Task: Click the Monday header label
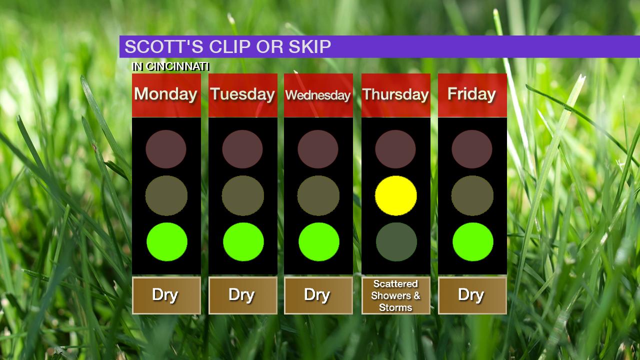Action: (166, 95)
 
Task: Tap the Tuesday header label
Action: (242, 95)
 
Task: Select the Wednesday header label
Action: (318, 95)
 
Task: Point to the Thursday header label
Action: (395, 95)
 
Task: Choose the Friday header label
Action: (471, 94)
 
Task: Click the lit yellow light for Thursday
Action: (395, 195)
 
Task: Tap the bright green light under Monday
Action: (167, 241)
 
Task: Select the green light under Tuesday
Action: (243, 241)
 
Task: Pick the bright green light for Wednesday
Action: (319, 241)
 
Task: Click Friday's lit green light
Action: (473, 241)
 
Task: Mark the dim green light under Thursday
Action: (396, 241)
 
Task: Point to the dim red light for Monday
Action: (166, 149)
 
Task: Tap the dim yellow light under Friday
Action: (472, 195)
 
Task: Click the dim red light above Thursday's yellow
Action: (395, 149)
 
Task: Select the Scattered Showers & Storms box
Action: (395, 295)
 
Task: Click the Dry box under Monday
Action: (166, 295)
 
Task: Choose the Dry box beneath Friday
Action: (472, 295)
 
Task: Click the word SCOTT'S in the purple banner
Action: (164, 46)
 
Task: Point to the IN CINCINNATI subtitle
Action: (170, 66)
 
